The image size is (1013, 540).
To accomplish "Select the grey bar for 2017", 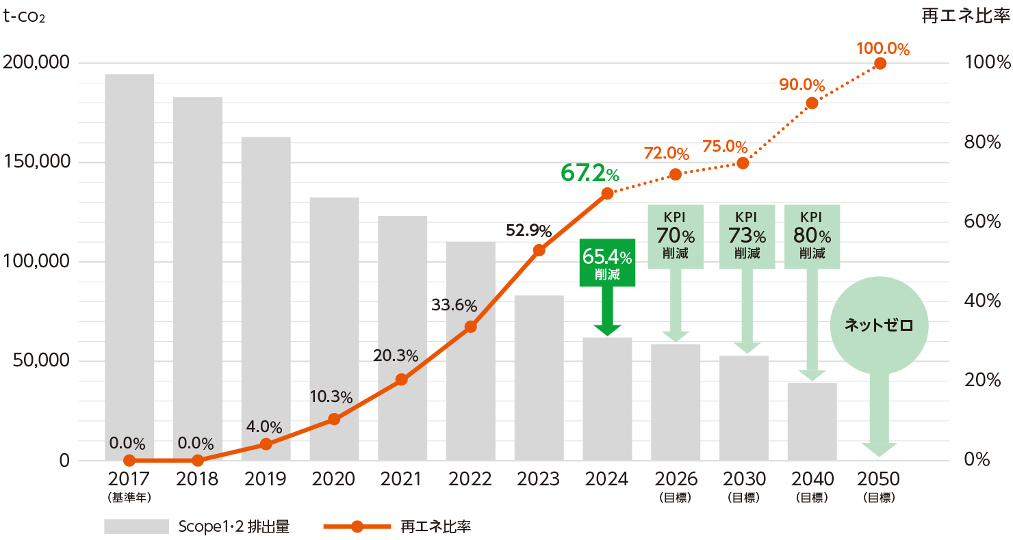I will pos(129,267).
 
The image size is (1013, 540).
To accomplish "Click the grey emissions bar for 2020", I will pos(334,328).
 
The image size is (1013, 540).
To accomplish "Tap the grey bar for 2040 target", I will pos(812,421).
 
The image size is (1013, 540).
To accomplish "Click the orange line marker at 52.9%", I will pos(539,250).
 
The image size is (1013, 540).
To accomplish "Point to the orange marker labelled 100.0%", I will pos(880,64).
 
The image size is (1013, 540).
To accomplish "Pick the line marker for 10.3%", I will pos(334,419).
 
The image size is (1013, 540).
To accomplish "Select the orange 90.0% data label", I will pos(802,85).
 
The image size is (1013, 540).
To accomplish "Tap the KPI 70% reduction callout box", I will pos(676,237).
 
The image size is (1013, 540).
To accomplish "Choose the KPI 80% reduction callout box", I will pos(812,237).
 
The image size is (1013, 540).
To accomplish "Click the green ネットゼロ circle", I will pos(879,325).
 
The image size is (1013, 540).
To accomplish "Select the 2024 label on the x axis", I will pos(607,479).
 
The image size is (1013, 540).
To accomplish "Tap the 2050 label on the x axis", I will pos(880,479).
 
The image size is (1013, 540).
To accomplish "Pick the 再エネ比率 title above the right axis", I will pos(965,16).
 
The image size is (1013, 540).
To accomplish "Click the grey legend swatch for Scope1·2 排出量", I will pos(136,526).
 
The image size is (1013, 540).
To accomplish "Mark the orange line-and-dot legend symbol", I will pos(357,526).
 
